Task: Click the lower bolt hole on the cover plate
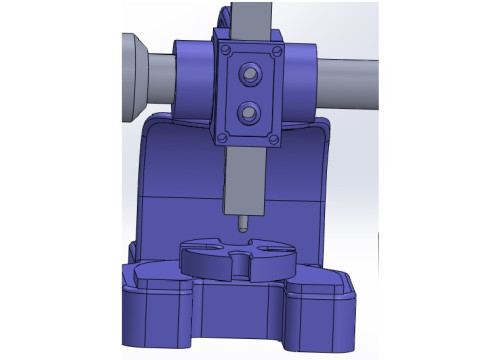click(247, 109)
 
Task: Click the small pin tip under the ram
click(241, 224)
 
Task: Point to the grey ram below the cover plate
click(243, 180)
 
